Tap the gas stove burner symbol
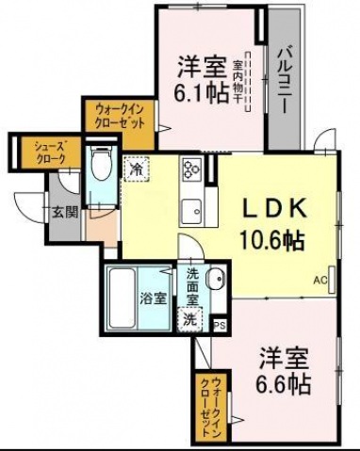(192, 171)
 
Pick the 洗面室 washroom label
(192, 286)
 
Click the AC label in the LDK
(319, 281)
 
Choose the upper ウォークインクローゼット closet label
(119, 117)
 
